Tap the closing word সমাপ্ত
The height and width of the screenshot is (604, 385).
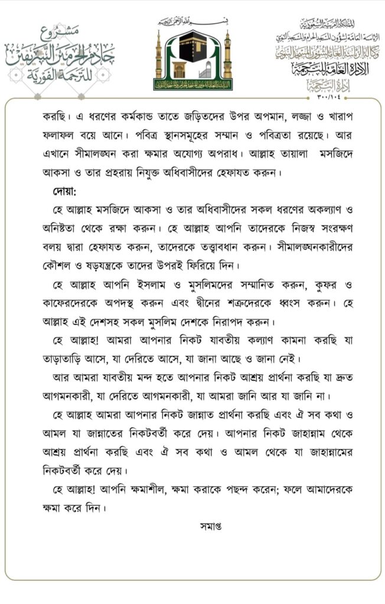[x=211, y=524]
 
